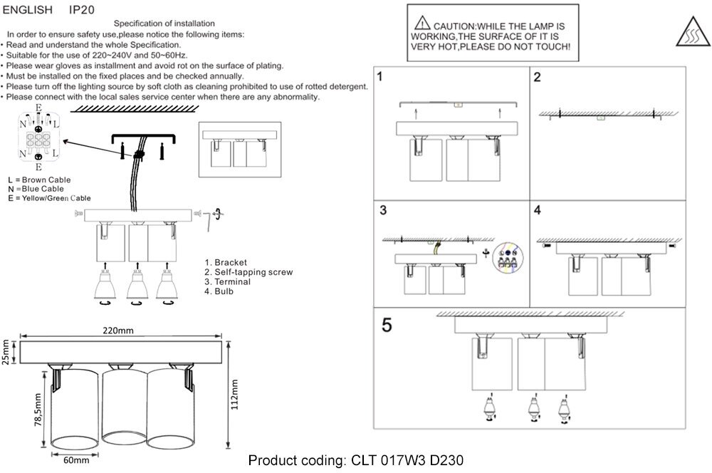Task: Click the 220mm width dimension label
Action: (x=117, y=331)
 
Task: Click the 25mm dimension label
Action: (x=6, y=351)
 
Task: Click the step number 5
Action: (x=387, y=325)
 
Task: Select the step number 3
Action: (x=383, y=211)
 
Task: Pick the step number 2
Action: (x=538, y=77)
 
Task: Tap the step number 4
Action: (x=538, y=211)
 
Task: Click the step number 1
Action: (x=382, y=76)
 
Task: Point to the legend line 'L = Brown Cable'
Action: (x=39, y=180)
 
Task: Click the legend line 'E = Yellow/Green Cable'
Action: (x=49, y=197)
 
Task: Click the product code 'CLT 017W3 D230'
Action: (x=407, y=460)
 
